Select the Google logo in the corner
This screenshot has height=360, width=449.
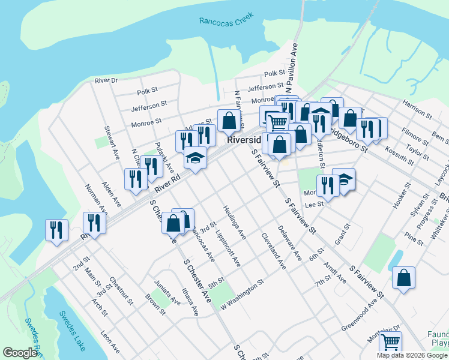(x=20, y=353)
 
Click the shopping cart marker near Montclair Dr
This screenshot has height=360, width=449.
(x=391, y=343)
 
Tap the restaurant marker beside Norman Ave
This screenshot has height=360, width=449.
(x=94, y=223)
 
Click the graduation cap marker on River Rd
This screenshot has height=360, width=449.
(x=195, y=158)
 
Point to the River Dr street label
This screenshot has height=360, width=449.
(x=106, y=80)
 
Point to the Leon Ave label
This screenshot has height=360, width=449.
(x=110, y=343)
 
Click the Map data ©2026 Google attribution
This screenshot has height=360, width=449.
(x=412, y=355)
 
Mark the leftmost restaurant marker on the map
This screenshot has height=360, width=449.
(x=56, y=229)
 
